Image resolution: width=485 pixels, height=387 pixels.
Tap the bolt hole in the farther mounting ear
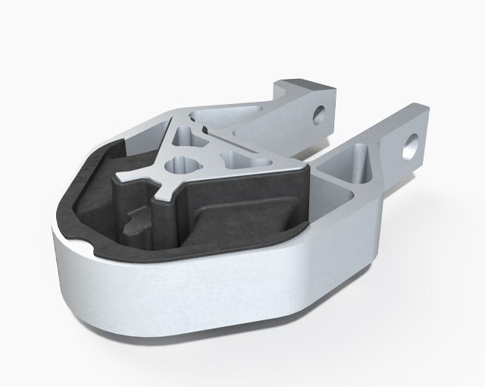tap(321, 115)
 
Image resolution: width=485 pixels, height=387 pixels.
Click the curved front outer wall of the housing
tap(189, 304)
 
